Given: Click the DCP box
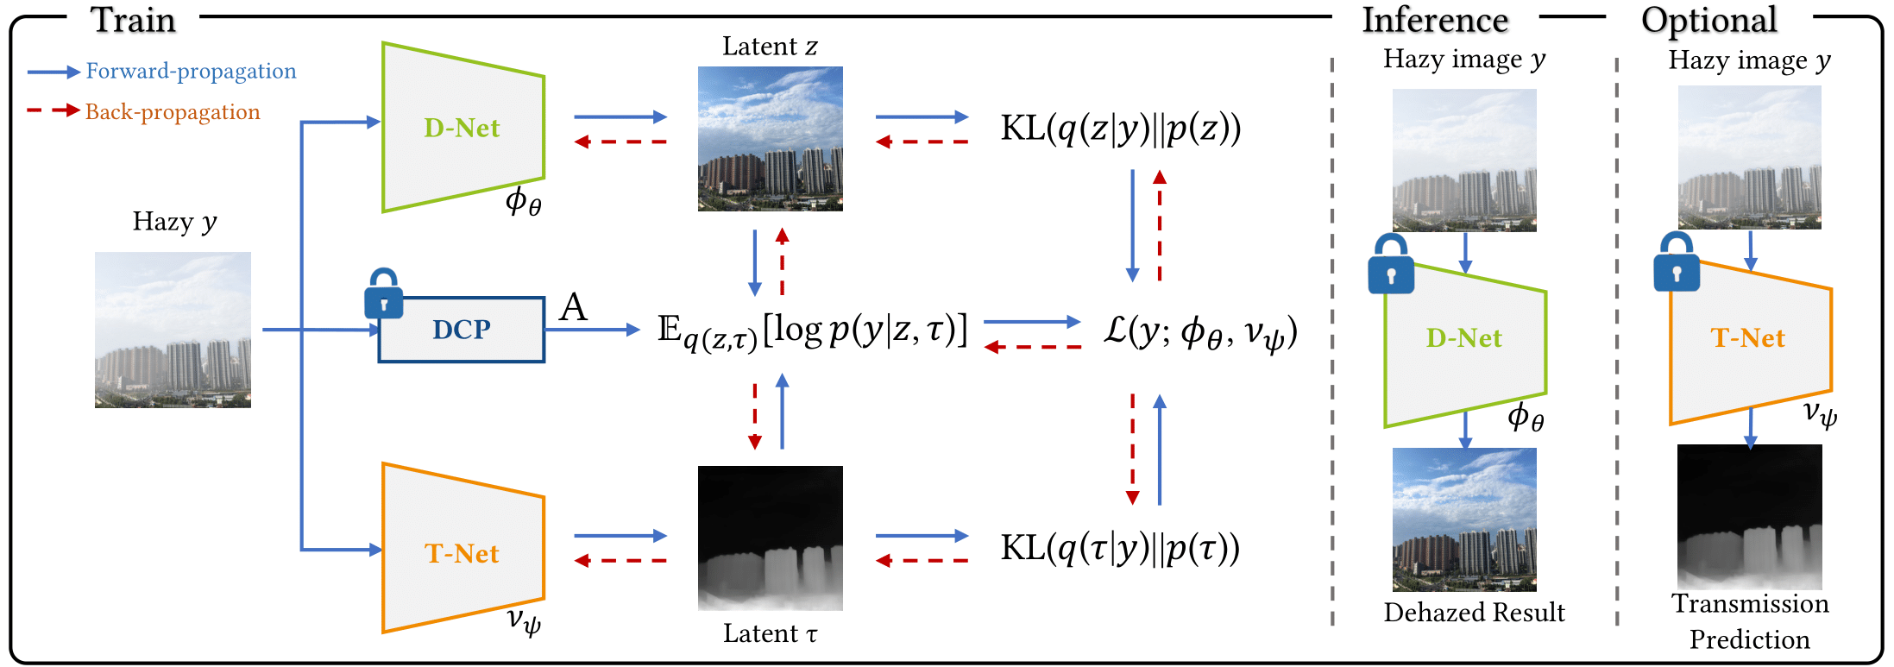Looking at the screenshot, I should click(x=462, y=330).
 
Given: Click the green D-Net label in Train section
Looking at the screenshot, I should click(x=462, y=128).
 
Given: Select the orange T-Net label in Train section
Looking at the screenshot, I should click(x=462, y=553).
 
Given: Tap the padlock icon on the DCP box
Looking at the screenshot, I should click(x=384, y=294).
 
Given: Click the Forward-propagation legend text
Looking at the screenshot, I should click(x=191, y=71).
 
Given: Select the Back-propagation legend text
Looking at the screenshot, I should click(x=173, y=112).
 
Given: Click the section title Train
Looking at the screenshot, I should click(x=134, y=20).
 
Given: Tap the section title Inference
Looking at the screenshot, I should click(x=1435, y=20).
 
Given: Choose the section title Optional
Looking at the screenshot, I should click(x=1708, y=20).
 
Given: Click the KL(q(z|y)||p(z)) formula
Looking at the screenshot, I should click(x=1120, y=129).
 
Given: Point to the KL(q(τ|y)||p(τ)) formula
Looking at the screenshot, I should click(x=1120, y=548).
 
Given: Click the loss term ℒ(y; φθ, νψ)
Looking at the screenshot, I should click(x=1199, y=332).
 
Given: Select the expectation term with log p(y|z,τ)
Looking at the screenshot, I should click(x=811, y=330).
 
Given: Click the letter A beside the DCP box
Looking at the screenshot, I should click(x=573, y=307).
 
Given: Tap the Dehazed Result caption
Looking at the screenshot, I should click(x=1474, y=612).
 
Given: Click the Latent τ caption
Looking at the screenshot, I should click(x=770, y=633).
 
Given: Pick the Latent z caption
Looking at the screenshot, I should click(x=770, y=46).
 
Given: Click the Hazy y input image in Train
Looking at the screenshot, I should click(x=173, y=330).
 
